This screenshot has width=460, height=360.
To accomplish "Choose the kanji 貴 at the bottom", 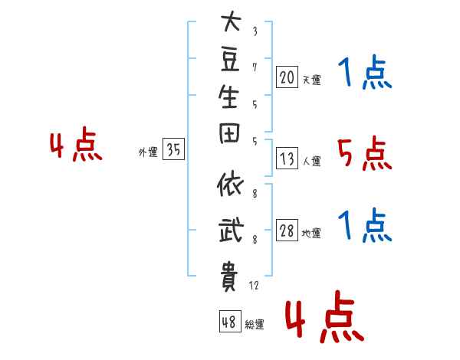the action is (x=230, y=276).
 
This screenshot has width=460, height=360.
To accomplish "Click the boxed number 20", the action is (x=287, y=77).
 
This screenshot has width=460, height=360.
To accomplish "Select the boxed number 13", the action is (x=287, y=159).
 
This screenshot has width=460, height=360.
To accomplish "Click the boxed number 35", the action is (x=173, y=151).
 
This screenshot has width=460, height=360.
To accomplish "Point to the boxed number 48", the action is (x=229, y=322).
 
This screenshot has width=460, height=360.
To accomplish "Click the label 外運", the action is (x=148, y=152).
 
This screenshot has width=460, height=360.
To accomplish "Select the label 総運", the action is (x=255, y=324).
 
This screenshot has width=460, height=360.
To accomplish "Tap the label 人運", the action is (x=311, y=161).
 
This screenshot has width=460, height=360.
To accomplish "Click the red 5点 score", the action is (x=364, y=155).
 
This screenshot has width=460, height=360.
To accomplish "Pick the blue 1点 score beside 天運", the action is (x=364, y=75).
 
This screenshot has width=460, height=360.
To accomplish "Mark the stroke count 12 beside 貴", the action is (x=254, y=285).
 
